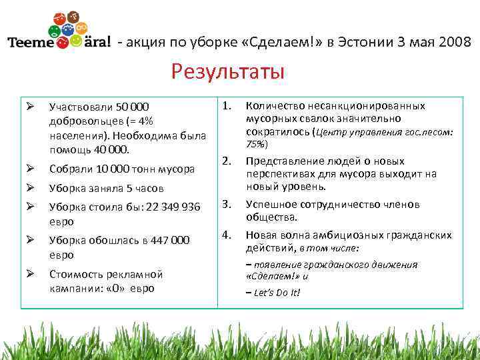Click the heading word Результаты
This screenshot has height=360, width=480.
(x=227, y=70)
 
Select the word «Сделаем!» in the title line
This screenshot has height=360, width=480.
(x=282, y=42)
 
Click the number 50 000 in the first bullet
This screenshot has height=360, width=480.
(x=133, y=107)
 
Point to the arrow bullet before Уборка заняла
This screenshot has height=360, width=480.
(x=30, y=188)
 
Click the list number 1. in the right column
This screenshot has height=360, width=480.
(x=227, y=105)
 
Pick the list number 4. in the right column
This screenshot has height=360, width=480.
(x=227, y=235)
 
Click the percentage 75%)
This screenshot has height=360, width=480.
(x=257, y=144)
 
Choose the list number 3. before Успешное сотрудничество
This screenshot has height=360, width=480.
(x=227, y=204)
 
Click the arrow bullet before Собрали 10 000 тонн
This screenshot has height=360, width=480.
(x=30, y=168)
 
